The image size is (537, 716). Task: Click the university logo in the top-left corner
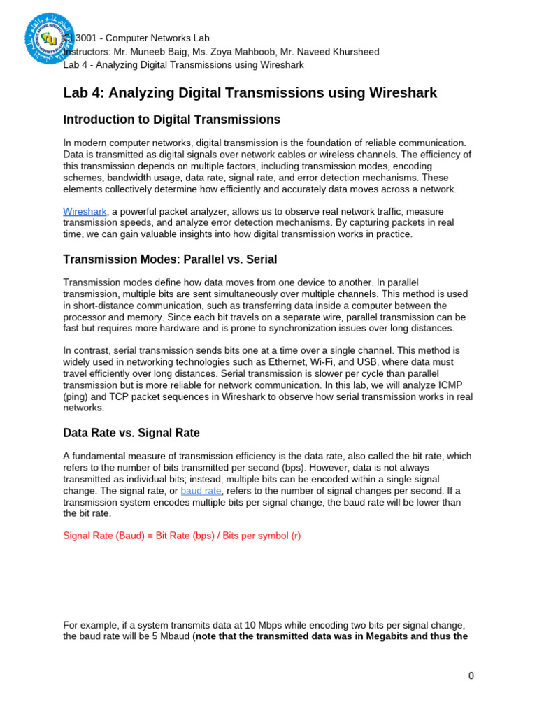tap(48, 38)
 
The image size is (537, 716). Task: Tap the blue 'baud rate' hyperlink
tap(200, 491)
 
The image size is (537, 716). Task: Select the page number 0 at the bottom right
tap(471, 675)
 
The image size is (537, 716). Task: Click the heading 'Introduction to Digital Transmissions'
tap(171, 120)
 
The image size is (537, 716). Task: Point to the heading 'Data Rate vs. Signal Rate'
tap(131, 433)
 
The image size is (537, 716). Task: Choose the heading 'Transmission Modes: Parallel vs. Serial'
tap(170, 259)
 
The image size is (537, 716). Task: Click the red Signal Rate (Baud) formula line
tap(182, 536)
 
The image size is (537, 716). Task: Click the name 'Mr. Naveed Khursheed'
tap(338, 51)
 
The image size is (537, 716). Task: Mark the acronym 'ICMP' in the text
tap(458, 385)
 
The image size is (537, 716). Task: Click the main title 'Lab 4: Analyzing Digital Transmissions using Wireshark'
tap(250, 93)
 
